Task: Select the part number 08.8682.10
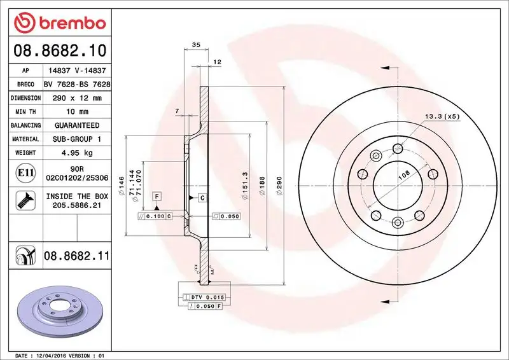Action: (56, 50)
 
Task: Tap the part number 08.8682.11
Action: (77, 256)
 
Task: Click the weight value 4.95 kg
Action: (76, 153)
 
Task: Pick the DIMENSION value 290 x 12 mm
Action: (76, 98)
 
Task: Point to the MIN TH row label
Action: (25, 112)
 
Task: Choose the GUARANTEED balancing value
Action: (76, 125)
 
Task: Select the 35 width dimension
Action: (196, 45)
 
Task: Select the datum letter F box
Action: (156, 197)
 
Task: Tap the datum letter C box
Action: (201, 198)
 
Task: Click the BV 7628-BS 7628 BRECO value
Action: (77, 85)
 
